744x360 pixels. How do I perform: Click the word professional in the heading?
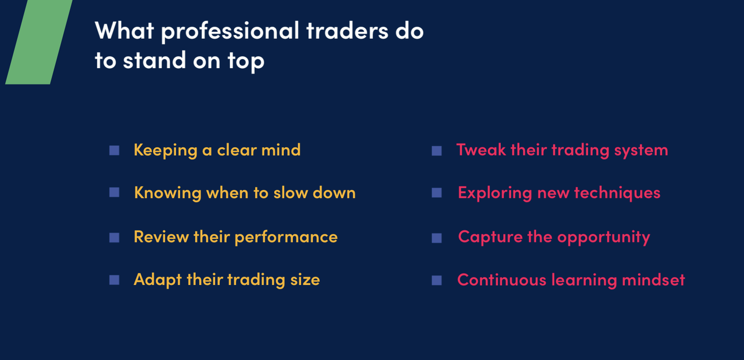tap(230, 31)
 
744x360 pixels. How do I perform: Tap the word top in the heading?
tap(246, 61)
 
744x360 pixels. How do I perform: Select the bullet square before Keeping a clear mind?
tap(114, 150)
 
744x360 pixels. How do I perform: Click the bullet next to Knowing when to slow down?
tap(114, 192)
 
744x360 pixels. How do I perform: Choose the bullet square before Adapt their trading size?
tap(114, 280)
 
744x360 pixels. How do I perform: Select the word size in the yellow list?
tap(305, 280)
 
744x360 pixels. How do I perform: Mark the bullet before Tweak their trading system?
tap(437, 151)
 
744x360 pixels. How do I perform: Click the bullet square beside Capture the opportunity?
tap(437, 238)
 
